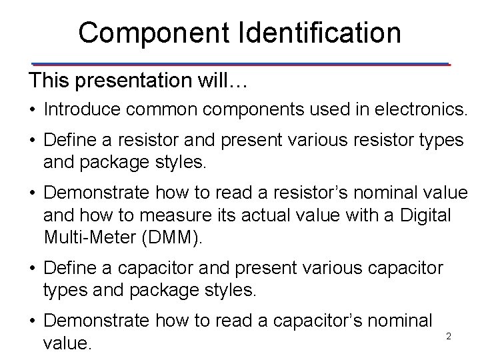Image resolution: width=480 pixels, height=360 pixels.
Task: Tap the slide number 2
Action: click(449, 337)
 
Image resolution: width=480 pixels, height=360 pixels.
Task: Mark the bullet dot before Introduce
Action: click(33, 110)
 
